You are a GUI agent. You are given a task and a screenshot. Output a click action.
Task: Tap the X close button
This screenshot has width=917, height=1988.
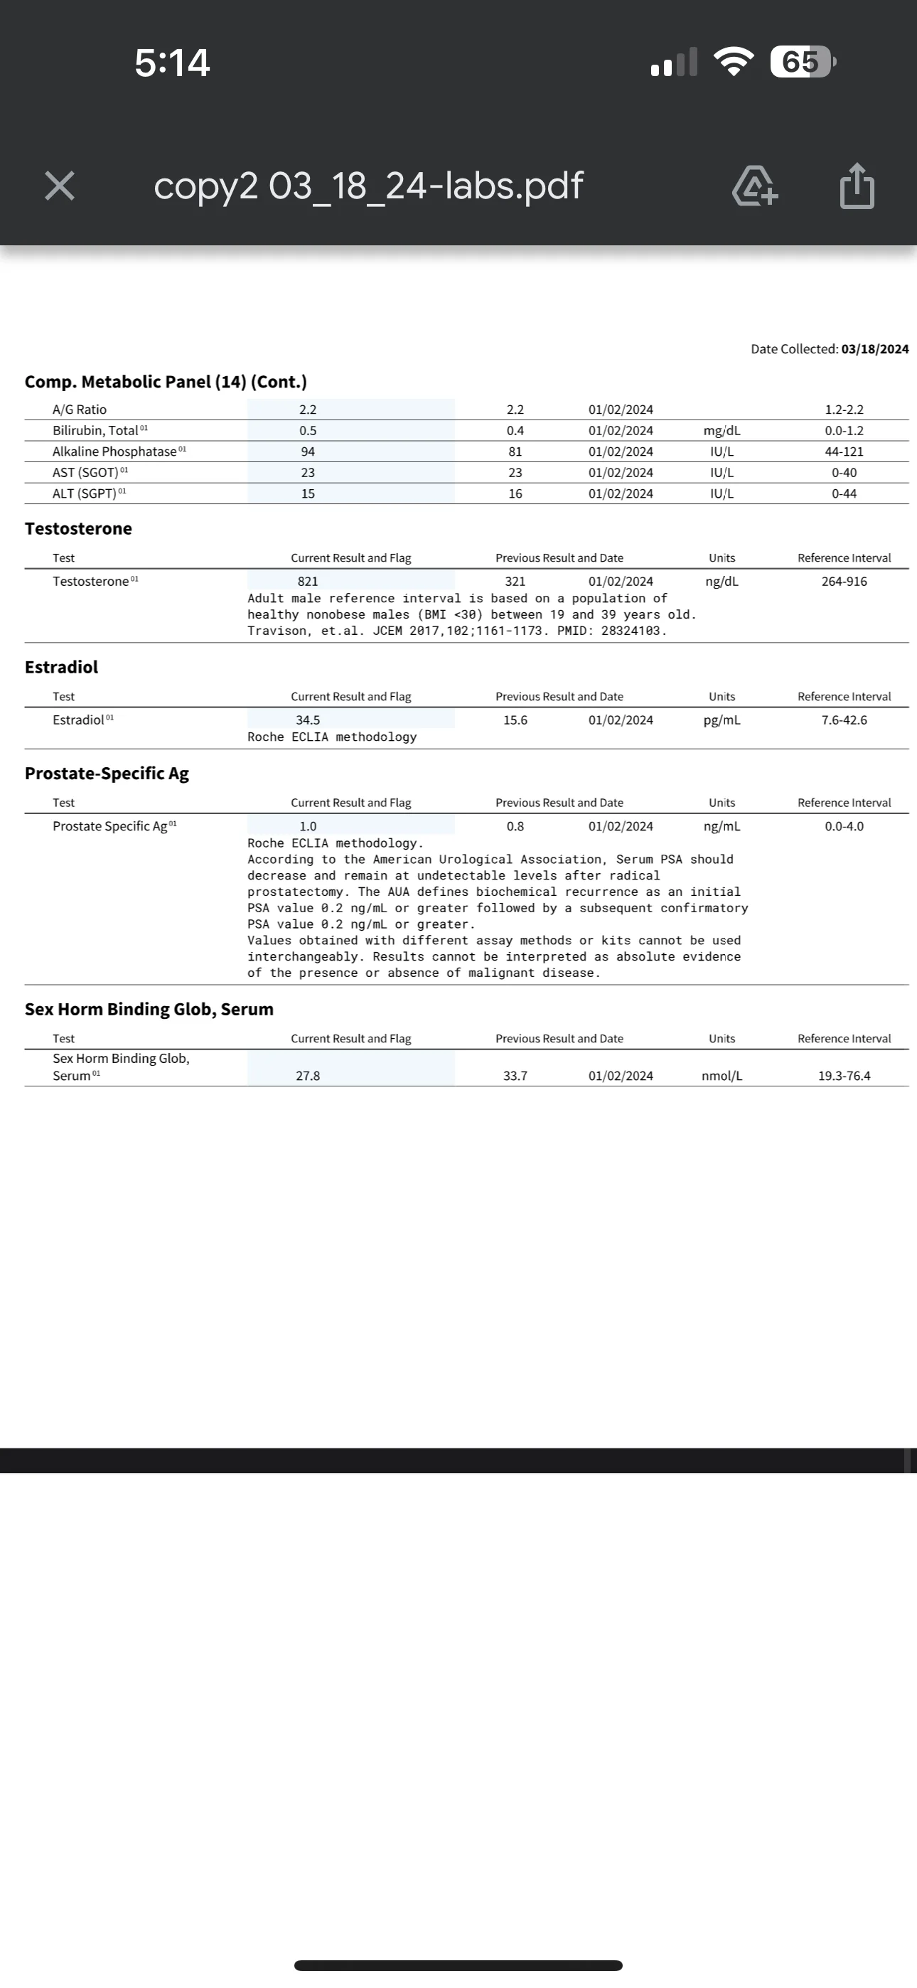point(60,186)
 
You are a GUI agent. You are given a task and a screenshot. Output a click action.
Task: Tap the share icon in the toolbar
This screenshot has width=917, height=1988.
point(857,186)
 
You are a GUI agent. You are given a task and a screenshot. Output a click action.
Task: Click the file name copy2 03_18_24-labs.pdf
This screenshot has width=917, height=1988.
point(368,186)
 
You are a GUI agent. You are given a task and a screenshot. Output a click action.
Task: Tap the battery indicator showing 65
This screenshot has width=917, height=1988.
point(802,62)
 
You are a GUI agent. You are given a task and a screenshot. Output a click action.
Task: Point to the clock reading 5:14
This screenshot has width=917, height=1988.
point(172,63)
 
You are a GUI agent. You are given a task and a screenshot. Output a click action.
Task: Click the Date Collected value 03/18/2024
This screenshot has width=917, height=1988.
point(874,349)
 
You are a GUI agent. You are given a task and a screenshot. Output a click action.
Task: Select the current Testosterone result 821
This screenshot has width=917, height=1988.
point(308,581)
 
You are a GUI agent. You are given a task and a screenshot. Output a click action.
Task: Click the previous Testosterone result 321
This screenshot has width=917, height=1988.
point(515,581)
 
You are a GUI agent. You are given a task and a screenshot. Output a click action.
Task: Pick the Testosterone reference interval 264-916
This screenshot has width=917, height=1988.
point(844,581)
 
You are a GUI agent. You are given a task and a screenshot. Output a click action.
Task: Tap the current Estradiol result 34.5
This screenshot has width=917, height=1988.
point(308,720)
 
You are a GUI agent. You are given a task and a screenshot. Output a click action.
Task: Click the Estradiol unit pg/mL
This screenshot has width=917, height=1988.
point(722,720)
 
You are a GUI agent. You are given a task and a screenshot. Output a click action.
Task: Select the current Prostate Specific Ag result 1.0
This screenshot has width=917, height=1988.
point(308,826)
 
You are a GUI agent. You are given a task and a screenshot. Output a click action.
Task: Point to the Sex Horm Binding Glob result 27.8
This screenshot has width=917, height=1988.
point(308,1076)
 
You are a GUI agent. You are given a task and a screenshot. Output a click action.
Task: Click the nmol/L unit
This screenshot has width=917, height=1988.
point(722,1076)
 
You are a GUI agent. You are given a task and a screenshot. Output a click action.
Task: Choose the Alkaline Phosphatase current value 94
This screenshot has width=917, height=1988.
point(308,451)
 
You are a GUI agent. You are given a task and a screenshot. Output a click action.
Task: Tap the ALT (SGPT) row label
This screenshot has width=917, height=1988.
point(84,494)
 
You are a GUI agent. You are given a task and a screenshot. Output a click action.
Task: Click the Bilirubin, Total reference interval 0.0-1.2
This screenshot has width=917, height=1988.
point(844,431)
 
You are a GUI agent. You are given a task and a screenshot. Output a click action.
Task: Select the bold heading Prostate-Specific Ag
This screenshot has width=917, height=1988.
point(107,774)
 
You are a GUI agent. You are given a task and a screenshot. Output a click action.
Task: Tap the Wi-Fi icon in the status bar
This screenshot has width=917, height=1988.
point(734,62)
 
